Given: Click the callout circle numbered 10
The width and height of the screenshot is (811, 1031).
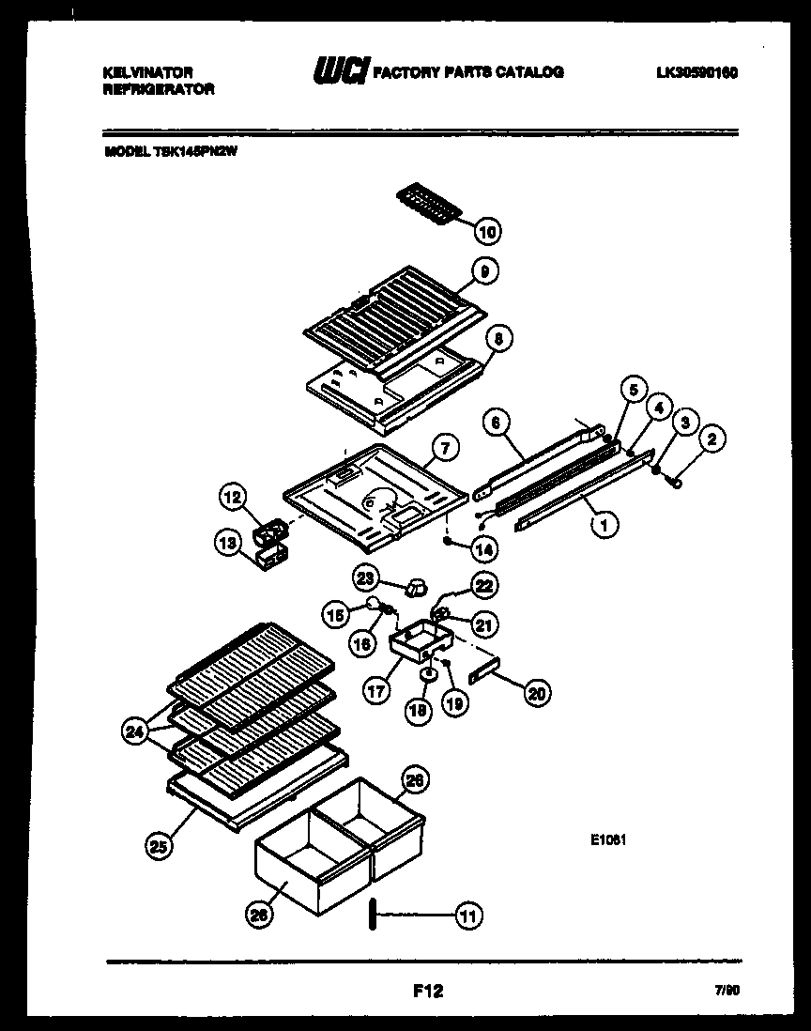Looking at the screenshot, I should (x=487, y=231).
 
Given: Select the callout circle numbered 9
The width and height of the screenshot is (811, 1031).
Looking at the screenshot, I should (x=485, y=272).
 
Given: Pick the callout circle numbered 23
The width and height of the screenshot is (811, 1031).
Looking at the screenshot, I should (x=365, y=577).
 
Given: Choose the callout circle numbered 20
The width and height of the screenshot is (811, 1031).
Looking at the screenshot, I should (x=538, y=693).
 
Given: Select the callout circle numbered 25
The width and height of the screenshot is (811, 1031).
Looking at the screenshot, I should (x=159, y=846).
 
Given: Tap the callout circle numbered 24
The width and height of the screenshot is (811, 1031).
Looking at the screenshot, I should (x=136, y=731).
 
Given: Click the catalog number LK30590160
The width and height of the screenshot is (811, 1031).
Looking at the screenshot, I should (x=696, y=72).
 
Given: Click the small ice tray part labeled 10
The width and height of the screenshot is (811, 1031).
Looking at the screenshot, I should (x=432, y=203).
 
